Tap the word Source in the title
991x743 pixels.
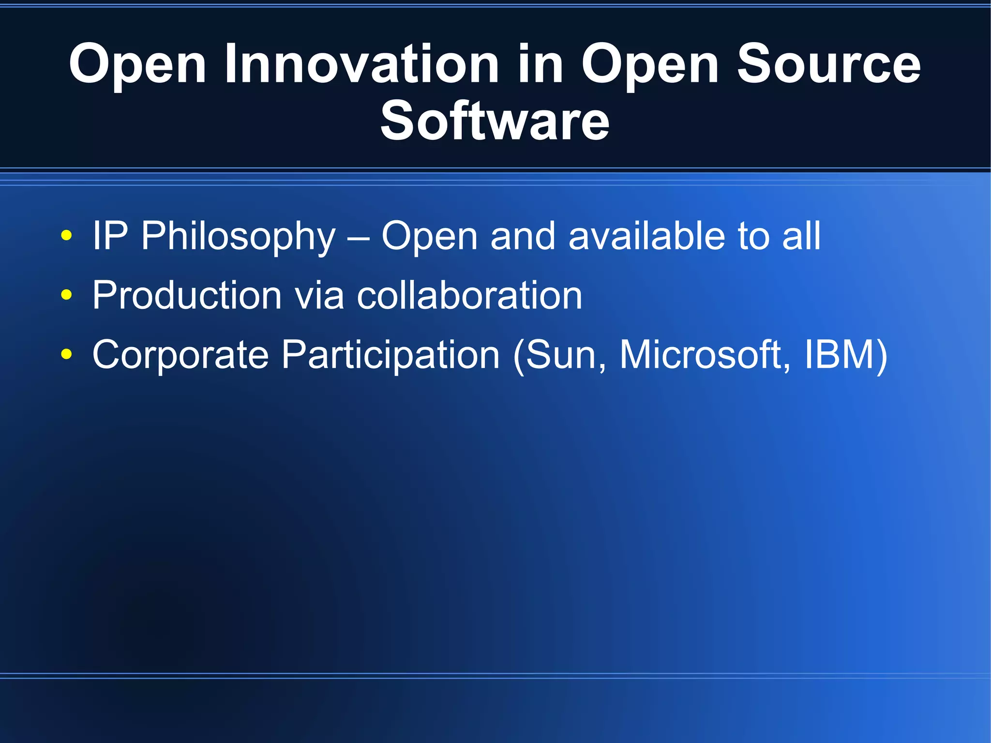[x=828, y=64]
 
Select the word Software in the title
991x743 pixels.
[x=495, y=121]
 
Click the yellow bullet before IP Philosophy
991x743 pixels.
[x=67, y=236]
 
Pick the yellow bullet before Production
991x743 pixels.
[x=67, y=295]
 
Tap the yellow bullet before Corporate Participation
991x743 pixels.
[x=67, y=354]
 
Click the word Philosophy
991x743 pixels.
[x=238, y=236]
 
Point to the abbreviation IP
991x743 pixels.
[x=110, y=236]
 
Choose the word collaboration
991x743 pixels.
[x=469, y=295]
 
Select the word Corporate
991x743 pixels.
[x=180, y=354]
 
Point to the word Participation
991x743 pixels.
[x=390, y=354]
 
